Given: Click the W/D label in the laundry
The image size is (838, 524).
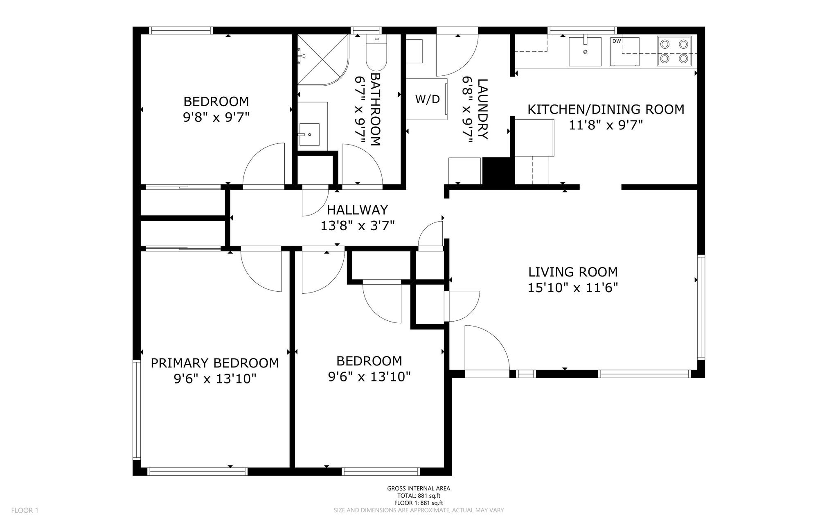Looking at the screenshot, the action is click(x=427, y=99).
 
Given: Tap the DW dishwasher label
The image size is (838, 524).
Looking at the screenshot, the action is click(x=616, y=41).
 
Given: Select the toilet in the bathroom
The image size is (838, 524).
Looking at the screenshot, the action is click(x=376, y=54).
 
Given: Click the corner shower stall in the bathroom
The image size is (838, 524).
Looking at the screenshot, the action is click(x=323, y=60).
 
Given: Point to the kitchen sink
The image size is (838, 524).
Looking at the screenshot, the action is click(x=585, y=51).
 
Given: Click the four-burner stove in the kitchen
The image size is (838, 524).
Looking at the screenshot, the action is click(x=674, y=51).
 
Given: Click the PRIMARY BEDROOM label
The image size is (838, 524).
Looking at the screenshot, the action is click(x=215, y=363).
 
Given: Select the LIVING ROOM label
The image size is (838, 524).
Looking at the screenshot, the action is click(x=573, y=272).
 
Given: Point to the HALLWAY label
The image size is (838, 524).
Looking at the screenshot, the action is click(x=357, y=210).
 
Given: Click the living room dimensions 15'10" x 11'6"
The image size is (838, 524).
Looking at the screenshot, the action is click(x=572, y=288).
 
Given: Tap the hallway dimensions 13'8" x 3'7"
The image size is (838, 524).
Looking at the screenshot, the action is click(x=357, y=226).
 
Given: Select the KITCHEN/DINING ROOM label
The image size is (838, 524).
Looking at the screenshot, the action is click(x=606, y=109).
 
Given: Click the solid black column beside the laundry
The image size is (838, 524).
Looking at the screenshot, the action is click(x=498, y=172).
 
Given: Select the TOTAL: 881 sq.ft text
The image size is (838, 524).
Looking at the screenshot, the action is click(x=419, y=496).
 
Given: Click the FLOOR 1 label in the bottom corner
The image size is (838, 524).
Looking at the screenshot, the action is click(x=25, y=510).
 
